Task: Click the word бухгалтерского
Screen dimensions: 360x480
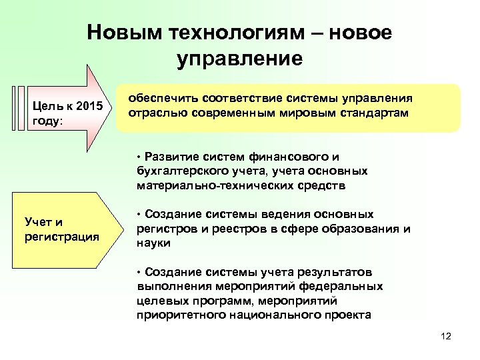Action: [176, 171]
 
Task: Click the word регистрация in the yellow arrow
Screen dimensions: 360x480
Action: [61, 236]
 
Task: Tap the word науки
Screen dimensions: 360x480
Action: [153, 244]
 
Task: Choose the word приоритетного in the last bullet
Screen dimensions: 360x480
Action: [175, 315]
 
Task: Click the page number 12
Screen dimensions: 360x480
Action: [446, 336]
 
